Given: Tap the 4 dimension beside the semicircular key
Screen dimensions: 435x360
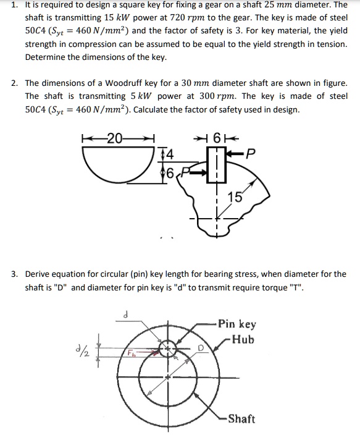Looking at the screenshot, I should (x=169, y=153).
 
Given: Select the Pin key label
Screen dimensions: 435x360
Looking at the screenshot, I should (x=237, y=324).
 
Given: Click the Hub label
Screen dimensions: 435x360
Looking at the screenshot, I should (x=240, y=339).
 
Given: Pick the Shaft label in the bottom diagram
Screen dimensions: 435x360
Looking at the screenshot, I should (x=241, y=419).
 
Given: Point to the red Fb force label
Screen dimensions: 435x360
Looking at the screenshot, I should (x=132, y=354).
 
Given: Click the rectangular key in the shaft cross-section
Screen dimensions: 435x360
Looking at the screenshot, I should (x=217, y=165).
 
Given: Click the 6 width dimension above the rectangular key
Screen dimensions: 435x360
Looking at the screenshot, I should (x=217, y=137).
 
